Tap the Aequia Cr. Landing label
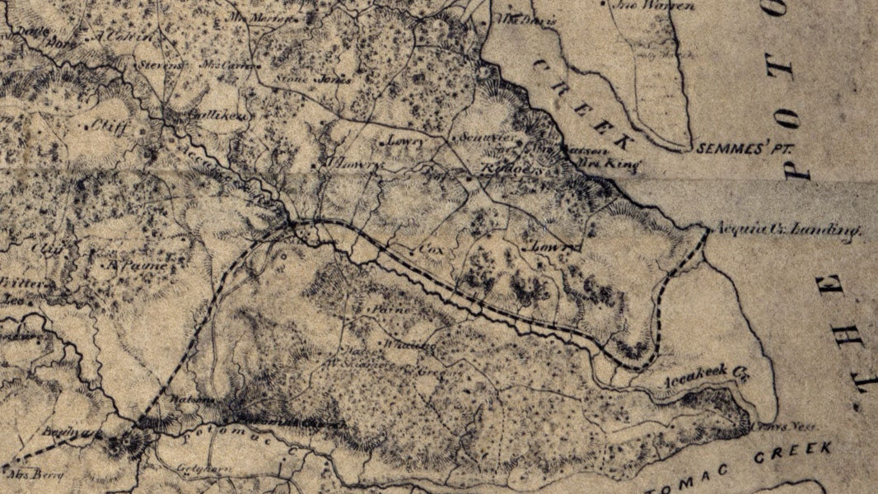787,231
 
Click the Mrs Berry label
24,473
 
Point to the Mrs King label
623,164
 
